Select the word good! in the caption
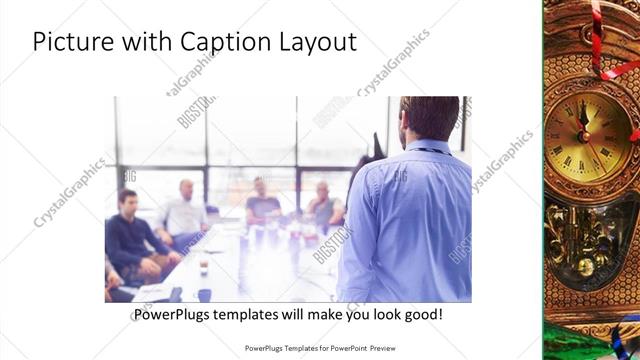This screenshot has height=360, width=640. tap(421, 315)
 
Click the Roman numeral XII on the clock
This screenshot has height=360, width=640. tap(587, 106)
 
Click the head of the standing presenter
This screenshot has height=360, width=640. tap(425, 118)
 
